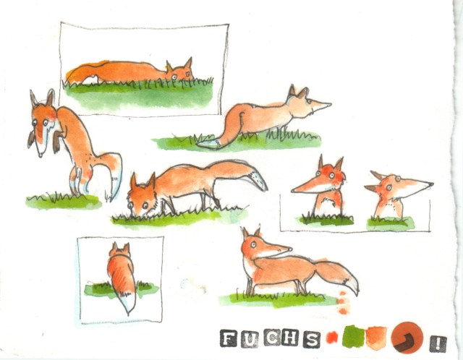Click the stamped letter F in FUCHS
click(229, 338)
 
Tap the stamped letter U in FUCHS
click(250, 339)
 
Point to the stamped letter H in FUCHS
click(291, 338)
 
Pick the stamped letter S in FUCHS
click(312, 339)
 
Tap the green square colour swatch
click(352, 336)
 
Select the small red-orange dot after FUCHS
click(332, 338)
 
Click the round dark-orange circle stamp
click(407, 338)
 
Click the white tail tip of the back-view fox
click(128, 304)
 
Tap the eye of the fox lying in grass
click(174, 77)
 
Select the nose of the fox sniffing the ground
click(130, 206)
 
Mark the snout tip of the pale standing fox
click(330, 104)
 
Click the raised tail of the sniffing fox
click(239, 173)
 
